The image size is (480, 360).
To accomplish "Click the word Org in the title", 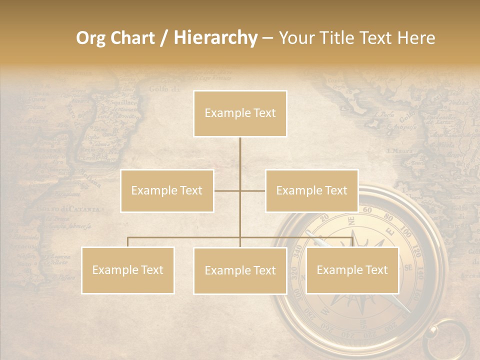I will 91,38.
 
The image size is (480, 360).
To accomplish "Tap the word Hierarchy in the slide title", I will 215,38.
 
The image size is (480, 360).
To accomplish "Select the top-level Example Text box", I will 240,113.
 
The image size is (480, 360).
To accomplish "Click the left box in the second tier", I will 167,190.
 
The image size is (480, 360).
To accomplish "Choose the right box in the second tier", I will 311,190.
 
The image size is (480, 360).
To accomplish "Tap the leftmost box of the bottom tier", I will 127,270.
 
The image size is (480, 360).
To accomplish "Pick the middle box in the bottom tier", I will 240,270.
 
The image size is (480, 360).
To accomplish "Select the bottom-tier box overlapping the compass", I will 352,270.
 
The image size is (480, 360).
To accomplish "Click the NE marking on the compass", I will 351,220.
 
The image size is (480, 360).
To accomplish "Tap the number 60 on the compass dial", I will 367,210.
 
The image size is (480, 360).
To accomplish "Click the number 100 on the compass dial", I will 406,234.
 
